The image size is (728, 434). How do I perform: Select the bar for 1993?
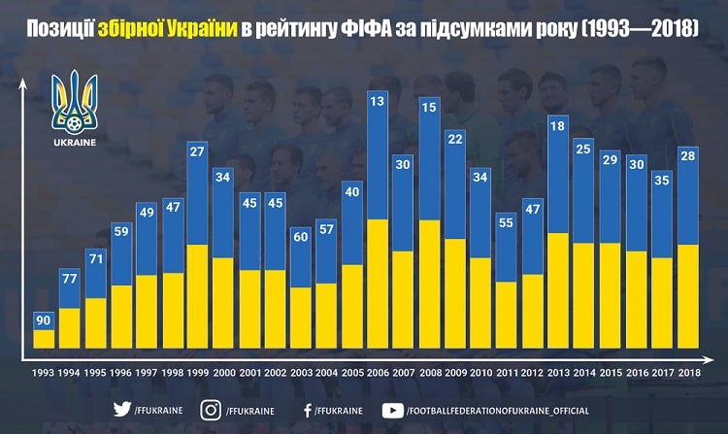click(44, 329)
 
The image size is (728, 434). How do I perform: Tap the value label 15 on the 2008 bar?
click(428, 106)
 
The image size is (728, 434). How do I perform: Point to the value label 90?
click(44, 320)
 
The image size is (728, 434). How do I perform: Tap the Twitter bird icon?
click(121, 409)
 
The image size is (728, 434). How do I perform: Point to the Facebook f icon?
click(308, 409)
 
